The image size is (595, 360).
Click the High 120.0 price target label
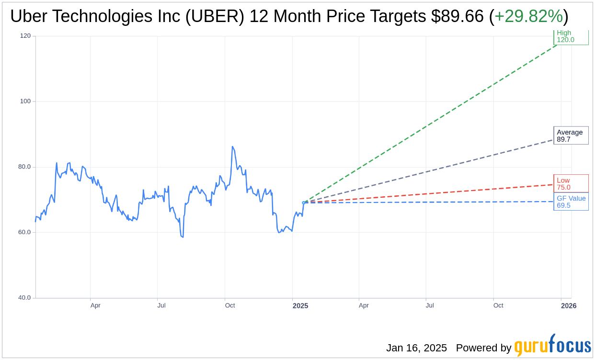point(571,37)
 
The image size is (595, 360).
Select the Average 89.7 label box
point(571,135)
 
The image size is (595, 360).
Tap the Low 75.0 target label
point(571,183)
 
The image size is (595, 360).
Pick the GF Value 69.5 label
point(571,202)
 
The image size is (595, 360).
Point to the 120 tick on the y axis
point(25,36)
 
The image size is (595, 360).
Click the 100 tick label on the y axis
point(25,101)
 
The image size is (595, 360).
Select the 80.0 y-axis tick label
point(24,167)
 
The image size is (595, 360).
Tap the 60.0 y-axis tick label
point(24,232)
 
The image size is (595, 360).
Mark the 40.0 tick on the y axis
point(24,298)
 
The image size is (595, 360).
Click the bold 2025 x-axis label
point(300,305)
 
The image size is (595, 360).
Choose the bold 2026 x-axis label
point(569,305)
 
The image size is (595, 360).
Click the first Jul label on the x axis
point(161,305)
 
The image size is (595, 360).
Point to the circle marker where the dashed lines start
point(304,202)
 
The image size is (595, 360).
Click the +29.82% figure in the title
point(528,16)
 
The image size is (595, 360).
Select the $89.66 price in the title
point(457,16)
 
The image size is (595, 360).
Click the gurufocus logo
point(552,346)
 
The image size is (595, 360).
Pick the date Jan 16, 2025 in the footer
point(416,348)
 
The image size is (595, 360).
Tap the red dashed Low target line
point(431,193)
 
